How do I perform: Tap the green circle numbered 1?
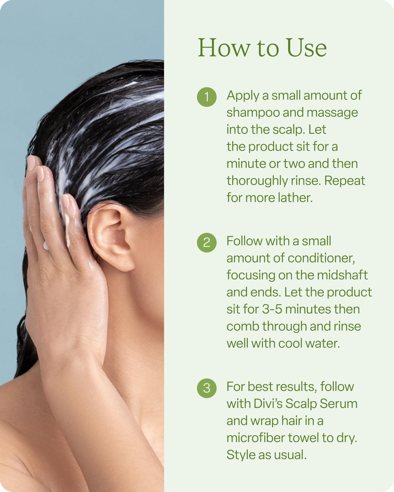pos(207,97)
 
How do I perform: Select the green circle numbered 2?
pos(207,242)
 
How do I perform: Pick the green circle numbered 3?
pos(207,388)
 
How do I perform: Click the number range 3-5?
pos(272,309)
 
